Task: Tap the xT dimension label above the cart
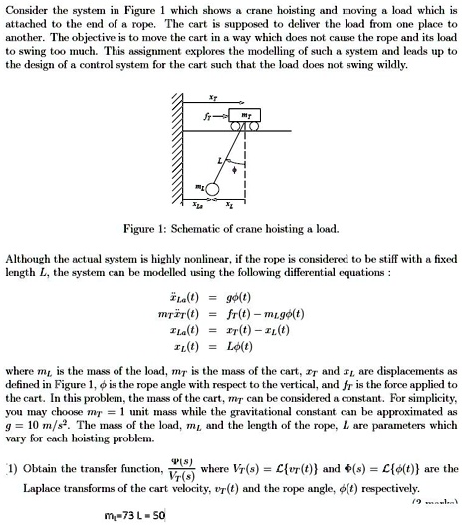215,98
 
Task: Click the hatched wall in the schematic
180,149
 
